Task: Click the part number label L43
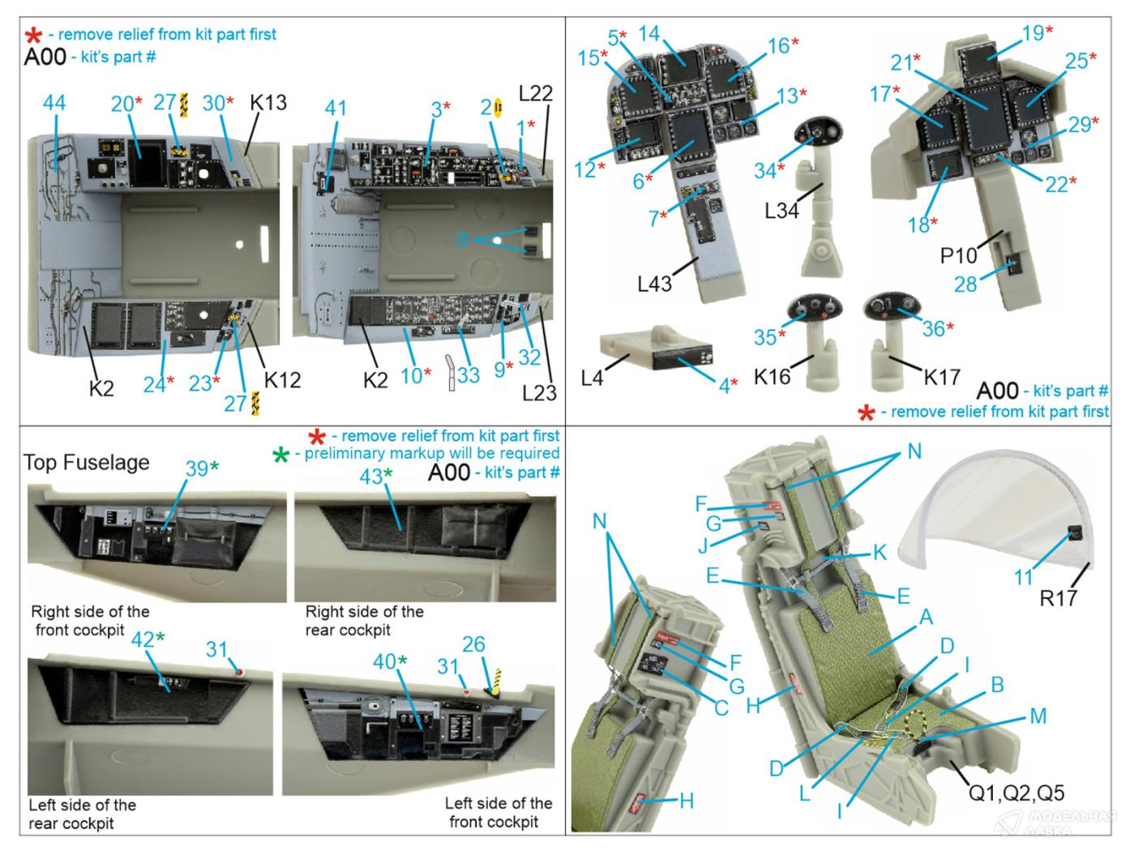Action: pos(654,284)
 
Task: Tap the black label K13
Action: pos(268,102)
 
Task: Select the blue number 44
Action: pos(54,102)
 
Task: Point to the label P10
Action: pos(958,255)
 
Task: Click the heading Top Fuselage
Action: pos(86,462)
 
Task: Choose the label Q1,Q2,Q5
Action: pos(1017,793)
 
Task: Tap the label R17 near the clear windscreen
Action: pos(1058,598)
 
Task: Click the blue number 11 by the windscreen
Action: pos(1023,577)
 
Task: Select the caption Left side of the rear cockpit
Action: pos(82,814)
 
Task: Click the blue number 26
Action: pos(473,644)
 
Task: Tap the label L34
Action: pos(781,211)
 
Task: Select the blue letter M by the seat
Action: pos(1038,716)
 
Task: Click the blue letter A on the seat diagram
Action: pos(927,617)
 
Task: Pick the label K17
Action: pos(942,377)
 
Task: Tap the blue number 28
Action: pos(965,284)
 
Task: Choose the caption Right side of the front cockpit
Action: pos(90,621)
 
